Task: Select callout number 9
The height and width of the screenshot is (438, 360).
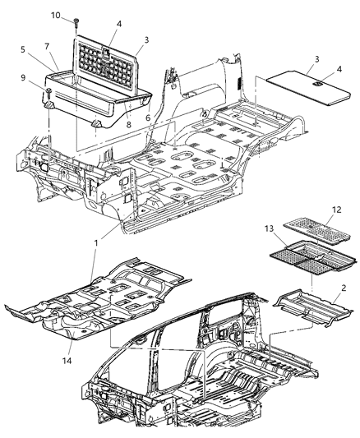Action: (33, 78)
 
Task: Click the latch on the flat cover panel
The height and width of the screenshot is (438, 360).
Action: (316, 82)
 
